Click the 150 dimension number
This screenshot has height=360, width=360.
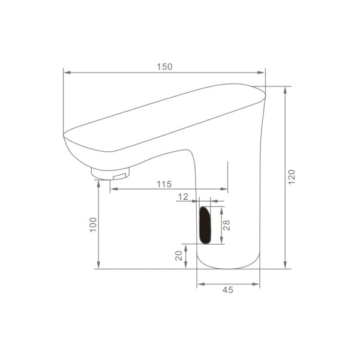point(164,67)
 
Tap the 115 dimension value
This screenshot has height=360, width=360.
point(164,184)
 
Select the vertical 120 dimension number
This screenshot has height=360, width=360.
point(292,177)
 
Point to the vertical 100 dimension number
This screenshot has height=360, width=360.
point(93,225)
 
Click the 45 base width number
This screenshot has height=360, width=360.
point(228,290)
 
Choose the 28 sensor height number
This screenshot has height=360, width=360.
point(226,225)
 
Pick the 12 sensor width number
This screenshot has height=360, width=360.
point(183,197)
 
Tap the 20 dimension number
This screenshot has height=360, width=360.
point(179,256)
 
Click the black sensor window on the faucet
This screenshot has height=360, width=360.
point(205,225)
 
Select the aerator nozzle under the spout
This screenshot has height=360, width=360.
point(110,173)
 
